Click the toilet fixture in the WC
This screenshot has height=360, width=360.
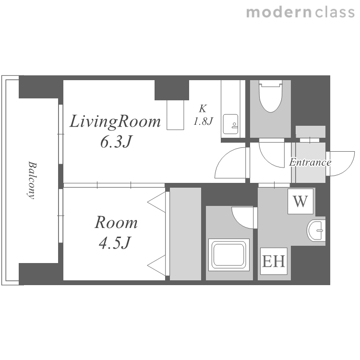click(270, 96)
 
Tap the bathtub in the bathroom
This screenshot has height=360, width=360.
click(229, 254)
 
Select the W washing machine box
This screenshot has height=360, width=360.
click(300, 201)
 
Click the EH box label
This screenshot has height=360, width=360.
click(274, 261)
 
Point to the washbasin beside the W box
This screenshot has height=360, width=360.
click(316, 230)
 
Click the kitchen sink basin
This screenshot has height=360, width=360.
click(230, 124)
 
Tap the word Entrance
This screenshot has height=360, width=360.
click(310, 162)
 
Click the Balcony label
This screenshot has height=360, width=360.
click(32, 180)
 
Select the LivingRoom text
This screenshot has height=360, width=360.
click(115, 121)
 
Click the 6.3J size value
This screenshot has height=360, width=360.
click(116, 142)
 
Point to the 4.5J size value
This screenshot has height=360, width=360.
click(115, 243)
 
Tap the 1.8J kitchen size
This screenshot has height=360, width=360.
click(204, 121)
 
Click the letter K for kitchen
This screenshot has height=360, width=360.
click(203, 108)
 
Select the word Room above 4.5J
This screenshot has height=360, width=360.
click(116, 222)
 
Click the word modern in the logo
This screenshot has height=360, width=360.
click(279, 12)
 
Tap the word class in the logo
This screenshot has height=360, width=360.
click(335, 12)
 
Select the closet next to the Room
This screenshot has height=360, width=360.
click(185, 234)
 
